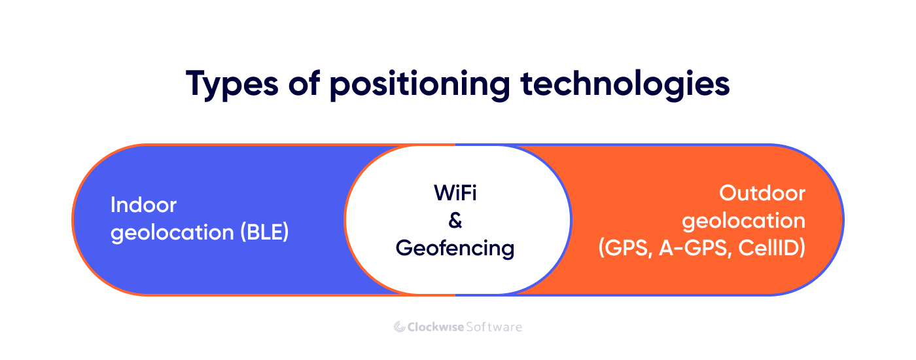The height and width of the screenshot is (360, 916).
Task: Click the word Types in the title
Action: point(232,84)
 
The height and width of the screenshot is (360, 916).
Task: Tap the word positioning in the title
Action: point(420,84)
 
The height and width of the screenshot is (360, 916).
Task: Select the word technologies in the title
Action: point(625,84)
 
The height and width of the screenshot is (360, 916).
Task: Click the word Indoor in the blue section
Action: point(143,205)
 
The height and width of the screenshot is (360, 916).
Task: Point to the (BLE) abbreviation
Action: point(264,232)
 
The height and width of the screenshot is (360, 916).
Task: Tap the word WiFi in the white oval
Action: point(455,192)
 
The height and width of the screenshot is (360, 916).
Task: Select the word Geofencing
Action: point(455,249)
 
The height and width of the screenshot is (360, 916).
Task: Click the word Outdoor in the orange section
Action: point(762,193)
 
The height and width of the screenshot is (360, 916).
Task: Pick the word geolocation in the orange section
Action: point(743,221)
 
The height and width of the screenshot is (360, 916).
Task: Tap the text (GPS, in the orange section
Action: point(625,248)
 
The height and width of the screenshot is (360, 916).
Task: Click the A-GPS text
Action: point(695,248)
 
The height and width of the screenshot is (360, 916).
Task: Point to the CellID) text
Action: point(771,248)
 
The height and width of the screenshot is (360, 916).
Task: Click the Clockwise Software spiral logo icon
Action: point(400,327)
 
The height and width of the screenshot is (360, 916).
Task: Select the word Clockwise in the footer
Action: point(436,327)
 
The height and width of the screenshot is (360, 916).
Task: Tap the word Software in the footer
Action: point(494,327)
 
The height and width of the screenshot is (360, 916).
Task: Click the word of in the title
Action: point(304,84)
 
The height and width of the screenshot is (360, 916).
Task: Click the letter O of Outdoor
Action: point(728,193)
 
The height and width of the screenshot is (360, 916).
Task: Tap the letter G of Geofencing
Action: point(404,247)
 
